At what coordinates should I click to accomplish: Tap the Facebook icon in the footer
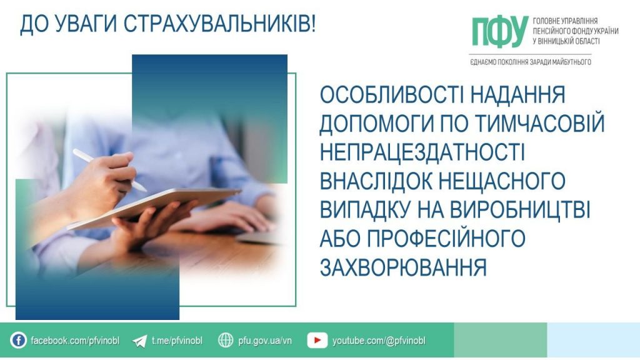(x=19, y=341)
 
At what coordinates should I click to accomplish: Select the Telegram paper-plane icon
(x=140, y=341)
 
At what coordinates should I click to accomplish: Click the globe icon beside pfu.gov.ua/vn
(x=226, y=341)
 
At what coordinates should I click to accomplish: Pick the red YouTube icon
(x=317, y=341)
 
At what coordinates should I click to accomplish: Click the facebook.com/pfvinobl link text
(x=75, y=341)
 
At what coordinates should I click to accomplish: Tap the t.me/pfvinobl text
(x=177, y=341)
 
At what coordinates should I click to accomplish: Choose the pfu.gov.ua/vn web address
(x=265, y=341)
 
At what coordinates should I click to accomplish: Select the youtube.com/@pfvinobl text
(x=379, y=341)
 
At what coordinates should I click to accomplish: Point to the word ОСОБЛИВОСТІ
(x=387, y=96)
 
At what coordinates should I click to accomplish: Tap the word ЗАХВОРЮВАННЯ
(x=403, y=267)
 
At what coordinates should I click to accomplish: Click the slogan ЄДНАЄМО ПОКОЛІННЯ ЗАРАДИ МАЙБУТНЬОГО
(x=530, y=62)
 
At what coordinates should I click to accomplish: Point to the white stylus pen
(x=109, y=169)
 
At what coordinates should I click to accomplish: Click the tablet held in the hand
(x=156, y=206)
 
